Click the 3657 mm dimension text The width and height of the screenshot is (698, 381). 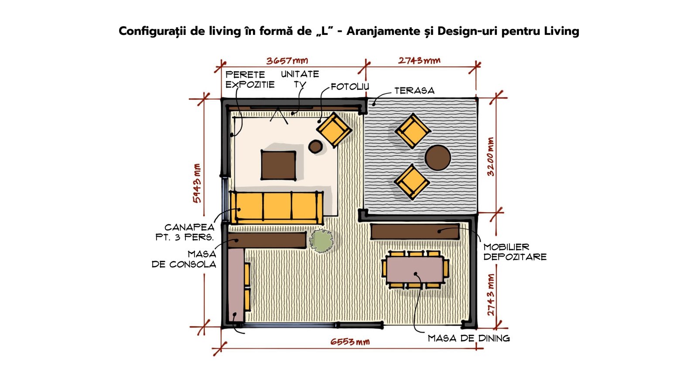click(287, 61)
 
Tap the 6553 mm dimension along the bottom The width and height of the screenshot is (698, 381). click(350, 342)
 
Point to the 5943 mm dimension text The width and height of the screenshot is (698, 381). click(197, 183)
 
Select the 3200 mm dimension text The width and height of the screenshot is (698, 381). click(490, 157)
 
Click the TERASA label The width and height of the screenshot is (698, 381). click(414, 91)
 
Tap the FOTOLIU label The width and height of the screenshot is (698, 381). click(349, 87)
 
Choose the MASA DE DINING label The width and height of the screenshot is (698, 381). click(469, 338)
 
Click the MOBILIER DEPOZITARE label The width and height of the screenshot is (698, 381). click(515, 252)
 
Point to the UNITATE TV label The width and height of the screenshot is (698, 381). click(300, 79)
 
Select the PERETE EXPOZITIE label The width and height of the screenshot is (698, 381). click(250, 80)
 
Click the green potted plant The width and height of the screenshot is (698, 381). click(321, 240)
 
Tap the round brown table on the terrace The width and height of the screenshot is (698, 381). click(438, 158)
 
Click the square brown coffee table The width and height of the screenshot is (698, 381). click(278, 165)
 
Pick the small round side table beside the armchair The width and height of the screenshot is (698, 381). click(315, 147)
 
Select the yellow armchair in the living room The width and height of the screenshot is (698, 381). click(334, 130)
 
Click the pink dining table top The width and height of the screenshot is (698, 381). click(415, 269)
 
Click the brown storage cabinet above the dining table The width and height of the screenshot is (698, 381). click(415, 232)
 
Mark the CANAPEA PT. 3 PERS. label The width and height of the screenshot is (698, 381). click(185, 232)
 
